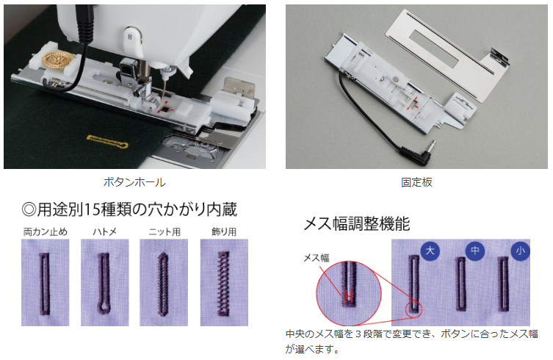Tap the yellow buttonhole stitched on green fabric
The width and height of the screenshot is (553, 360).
pyautogui.click(x=107, y=141)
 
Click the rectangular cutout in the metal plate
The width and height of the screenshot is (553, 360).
pyautogui.click(x=435, y=48)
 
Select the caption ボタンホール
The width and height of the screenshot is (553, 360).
pyautogui.click(x=134, y=182)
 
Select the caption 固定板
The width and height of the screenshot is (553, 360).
pyautogui.click(x=416, y=182)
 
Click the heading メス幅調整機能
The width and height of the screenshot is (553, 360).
pyautogui.click(x=357, y=224)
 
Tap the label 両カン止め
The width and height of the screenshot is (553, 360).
pyautogui.click(x=45, y=232)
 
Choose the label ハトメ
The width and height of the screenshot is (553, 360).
pyautogui.click(x=105, y=232)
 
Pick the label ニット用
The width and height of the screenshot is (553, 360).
pyautogui.click(x=165, y=232)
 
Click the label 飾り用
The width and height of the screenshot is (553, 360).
pyautogui.click(x=224, y=232)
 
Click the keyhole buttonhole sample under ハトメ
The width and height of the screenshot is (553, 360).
pyautogui.click(x=104, y=283)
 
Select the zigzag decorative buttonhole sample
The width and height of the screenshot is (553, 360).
pyautogui.click(x=223, y=283)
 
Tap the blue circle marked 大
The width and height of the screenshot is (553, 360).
pyautogui.click(x=430, y=251)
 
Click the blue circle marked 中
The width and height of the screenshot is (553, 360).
pyautogui.click(x=475, y=251)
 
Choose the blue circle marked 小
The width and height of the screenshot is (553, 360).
pyautogui.click(x=520, y=251)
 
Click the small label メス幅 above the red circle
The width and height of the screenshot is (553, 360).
pyautogui.click(x=317, y=258)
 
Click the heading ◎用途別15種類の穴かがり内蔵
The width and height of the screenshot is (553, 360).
pyautogui.click(x=129, y=209)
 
